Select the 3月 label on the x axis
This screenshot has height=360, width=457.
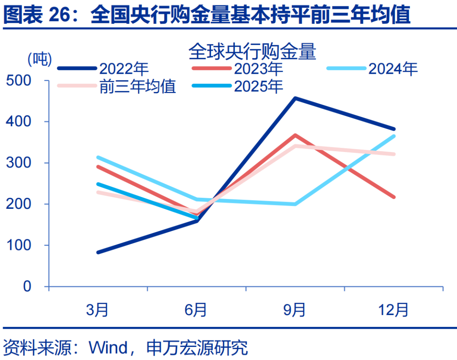point(98,310)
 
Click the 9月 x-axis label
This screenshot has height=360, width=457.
point(295,310)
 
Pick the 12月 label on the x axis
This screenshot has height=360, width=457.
point(394,310)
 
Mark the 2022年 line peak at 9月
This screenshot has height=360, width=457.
point(295,98)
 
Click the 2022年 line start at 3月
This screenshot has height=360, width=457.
point(98,252)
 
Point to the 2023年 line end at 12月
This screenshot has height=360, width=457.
point(394,197)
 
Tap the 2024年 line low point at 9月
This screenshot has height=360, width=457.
point(295,204)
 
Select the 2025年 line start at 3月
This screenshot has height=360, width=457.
point(98,184)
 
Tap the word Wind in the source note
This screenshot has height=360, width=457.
point(108,348)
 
